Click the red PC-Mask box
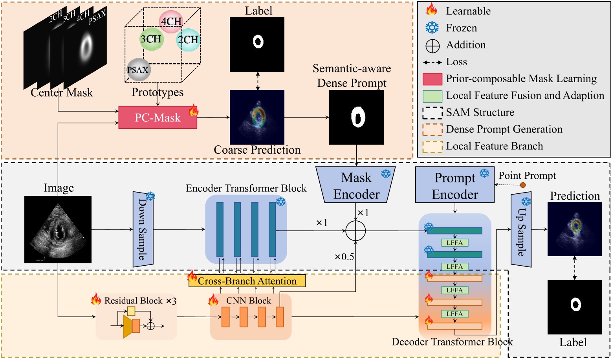158,118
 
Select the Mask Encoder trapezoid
356,185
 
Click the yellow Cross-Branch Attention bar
247,281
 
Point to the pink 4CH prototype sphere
171,22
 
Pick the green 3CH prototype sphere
151,39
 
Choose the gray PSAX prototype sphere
138,70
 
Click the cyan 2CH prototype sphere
188,40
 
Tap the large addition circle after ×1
355,231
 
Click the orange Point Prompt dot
523,185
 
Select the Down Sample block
143,229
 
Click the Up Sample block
521,229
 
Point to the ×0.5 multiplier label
344,257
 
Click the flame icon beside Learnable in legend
432,10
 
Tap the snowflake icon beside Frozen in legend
432,28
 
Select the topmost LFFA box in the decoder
454,243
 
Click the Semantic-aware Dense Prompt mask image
356,118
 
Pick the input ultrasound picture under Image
58,230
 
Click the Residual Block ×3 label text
140,301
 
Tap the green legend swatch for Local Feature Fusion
432,96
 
